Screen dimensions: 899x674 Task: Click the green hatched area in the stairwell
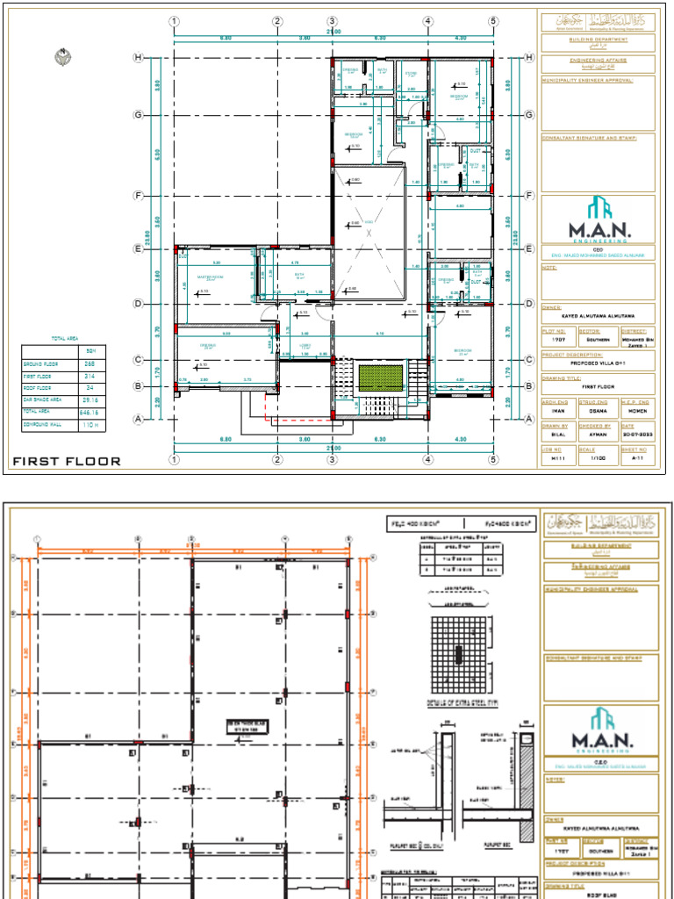[382, 378]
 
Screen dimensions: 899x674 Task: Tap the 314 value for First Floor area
[89, 375]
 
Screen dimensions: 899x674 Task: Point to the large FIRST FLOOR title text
[67, 460]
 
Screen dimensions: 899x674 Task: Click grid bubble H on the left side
[138, 58]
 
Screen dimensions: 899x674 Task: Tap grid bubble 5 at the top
[493, 21]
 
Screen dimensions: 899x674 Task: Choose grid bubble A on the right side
[528, 420]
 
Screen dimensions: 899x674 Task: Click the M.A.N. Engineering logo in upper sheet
[599, 219]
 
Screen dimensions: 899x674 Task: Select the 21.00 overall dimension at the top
[333, 32]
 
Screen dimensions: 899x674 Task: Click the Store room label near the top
[411, 74]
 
